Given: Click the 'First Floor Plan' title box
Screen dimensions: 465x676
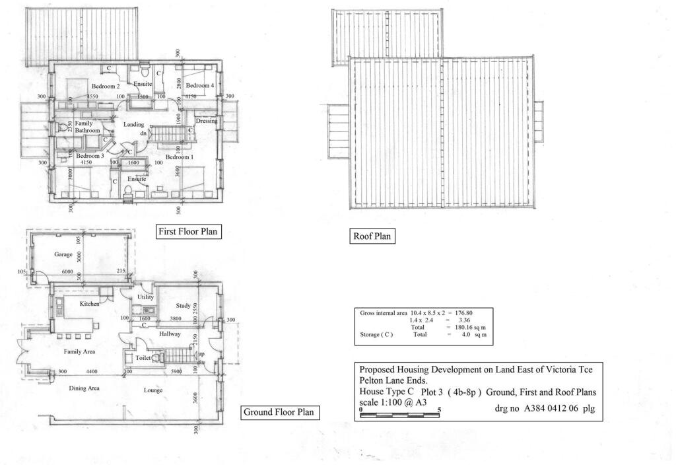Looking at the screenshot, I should tap(187, 232).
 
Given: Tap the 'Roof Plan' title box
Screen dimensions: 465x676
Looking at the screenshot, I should tap(372, 236).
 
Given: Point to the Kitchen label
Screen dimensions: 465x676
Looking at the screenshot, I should tap(90, 304).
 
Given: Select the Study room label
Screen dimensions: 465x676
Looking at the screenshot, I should tap(183, 306).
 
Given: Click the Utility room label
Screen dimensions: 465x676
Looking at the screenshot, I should tap(145, 298).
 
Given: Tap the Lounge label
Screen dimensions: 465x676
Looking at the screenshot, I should tap(153, 390).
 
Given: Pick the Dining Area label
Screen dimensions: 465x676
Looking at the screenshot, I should tap(84, 388).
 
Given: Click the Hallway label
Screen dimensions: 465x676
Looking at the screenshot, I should tap(170, 335).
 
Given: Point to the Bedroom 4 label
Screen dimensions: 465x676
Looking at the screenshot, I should tap(199, 86).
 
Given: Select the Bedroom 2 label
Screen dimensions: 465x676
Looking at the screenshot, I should tap(105, 87).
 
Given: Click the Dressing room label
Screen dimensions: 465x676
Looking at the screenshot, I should tap(206, 121).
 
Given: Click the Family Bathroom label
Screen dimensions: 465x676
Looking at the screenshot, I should tap(87, 127).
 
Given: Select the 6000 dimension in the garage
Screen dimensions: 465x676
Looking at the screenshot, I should tap(67, 271).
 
